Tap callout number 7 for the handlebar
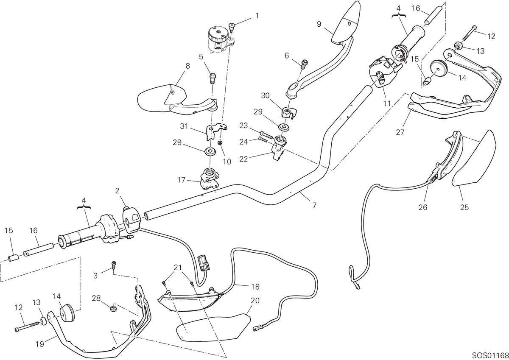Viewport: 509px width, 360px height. point(314,205)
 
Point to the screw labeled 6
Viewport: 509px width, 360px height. point(304,64)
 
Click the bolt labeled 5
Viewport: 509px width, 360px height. point(213,78)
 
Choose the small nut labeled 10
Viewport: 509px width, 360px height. point(220,143)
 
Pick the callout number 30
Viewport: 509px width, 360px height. point(265,96)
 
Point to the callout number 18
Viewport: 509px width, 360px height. point(255,287)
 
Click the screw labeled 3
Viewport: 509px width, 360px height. point(114,265)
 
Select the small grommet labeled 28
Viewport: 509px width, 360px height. point(113,309)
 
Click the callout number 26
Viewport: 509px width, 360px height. point(423,207)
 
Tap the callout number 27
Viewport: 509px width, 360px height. point(400,132)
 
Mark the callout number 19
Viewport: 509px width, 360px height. point(40,344)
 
